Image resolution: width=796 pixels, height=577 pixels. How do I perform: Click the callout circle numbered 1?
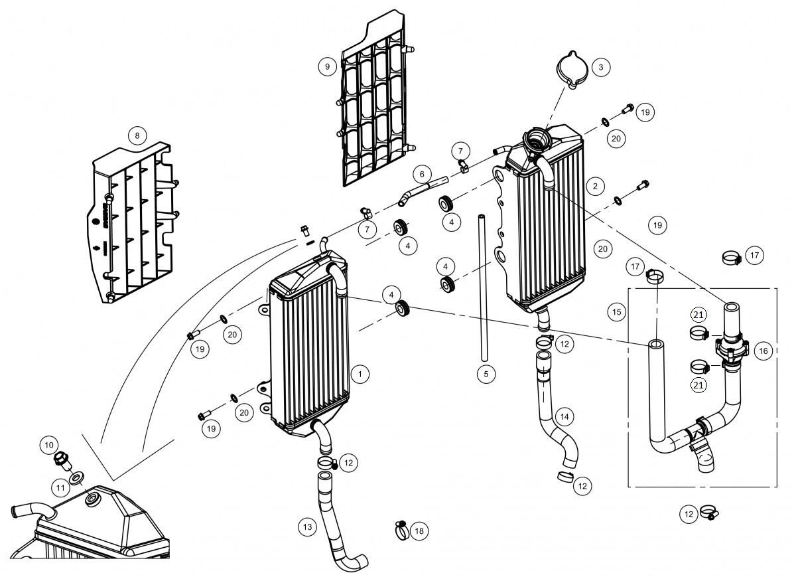[x=360, y=374]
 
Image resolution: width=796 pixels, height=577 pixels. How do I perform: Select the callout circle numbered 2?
[x=595, y=186]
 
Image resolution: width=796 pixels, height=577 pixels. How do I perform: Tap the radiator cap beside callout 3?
[x=572, y=70]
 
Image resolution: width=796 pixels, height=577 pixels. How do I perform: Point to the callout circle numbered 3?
[x=601, y=67]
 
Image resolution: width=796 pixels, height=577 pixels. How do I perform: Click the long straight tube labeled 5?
[x=484, y=288]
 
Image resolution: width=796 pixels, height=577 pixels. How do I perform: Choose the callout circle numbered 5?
[x=486, y=374]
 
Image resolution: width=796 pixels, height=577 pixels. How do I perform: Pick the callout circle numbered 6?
[x=422, y=174]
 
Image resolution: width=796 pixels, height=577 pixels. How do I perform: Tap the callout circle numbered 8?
[x=137, y=135]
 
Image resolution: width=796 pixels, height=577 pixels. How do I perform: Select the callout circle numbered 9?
[x=327, y=66]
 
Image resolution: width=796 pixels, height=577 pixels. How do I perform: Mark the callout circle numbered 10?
[x=49, y=445]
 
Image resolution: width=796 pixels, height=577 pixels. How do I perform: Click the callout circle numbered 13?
[x=307, y=527]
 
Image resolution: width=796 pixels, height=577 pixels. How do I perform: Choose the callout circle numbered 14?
[x=564, y=416]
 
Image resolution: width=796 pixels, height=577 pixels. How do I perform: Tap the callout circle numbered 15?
[x=616, y=312]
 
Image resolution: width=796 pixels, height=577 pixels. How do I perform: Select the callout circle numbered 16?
[x=763, y=351]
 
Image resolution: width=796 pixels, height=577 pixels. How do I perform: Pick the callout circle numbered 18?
[x=419, y=531]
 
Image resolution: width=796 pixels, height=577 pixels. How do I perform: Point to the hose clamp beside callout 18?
[x=401, y=530]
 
